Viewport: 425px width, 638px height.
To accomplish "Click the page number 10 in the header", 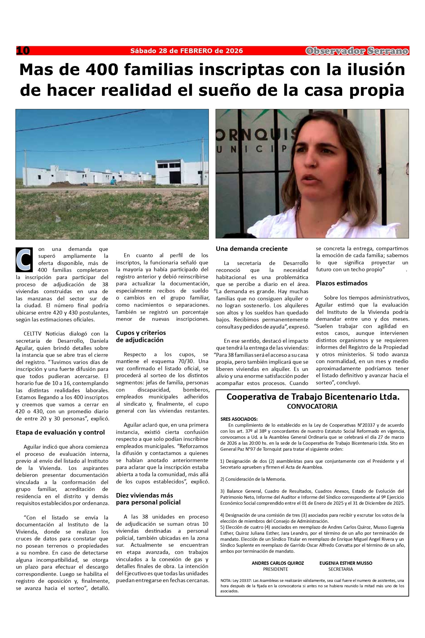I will click(23, 51).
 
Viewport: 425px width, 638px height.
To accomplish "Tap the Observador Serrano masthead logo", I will click(357, 51).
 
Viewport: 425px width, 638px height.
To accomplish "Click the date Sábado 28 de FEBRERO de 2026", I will click(186, 51).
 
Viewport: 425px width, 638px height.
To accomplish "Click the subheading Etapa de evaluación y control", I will click(60, 432).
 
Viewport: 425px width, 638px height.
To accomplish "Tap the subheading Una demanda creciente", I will click(251, 249).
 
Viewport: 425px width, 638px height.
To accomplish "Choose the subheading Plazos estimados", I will click(341, 283).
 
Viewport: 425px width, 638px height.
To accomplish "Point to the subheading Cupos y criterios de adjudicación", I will click(141, 336).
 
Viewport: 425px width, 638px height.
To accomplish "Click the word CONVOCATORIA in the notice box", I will click(312, 407).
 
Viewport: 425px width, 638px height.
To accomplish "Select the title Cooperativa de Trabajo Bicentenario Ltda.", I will click(313, 397).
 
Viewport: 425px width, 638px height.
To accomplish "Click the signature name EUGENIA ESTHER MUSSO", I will click(346, 563).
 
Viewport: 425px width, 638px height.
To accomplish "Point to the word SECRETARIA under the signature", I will click(340, 569).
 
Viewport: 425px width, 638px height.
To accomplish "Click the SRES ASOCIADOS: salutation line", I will click(239, 419).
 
